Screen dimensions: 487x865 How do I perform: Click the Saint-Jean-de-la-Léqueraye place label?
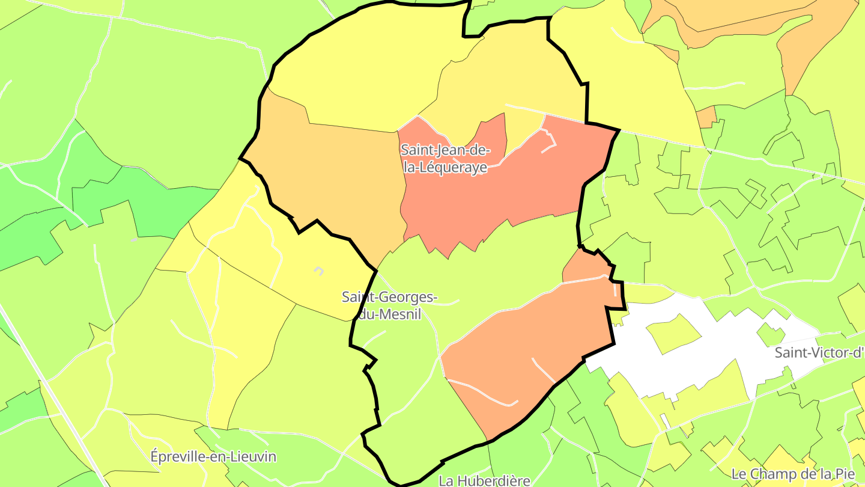[x=445, y=159]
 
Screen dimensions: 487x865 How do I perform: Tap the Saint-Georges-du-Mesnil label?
[x=389, y=305]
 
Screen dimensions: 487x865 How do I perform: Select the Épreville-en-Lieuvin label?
[x=213, y=456]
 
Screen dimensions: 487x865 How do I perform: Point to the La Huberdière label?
[x=484, y=480]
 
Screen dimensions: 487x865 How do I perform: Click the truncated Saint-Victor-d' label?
[x=819, y=352]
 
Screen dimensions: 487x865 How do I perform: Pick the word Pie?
[x=827, y=474]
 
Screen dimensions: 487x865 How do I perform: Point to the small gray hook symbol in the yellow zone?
[x=319, y=271]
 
